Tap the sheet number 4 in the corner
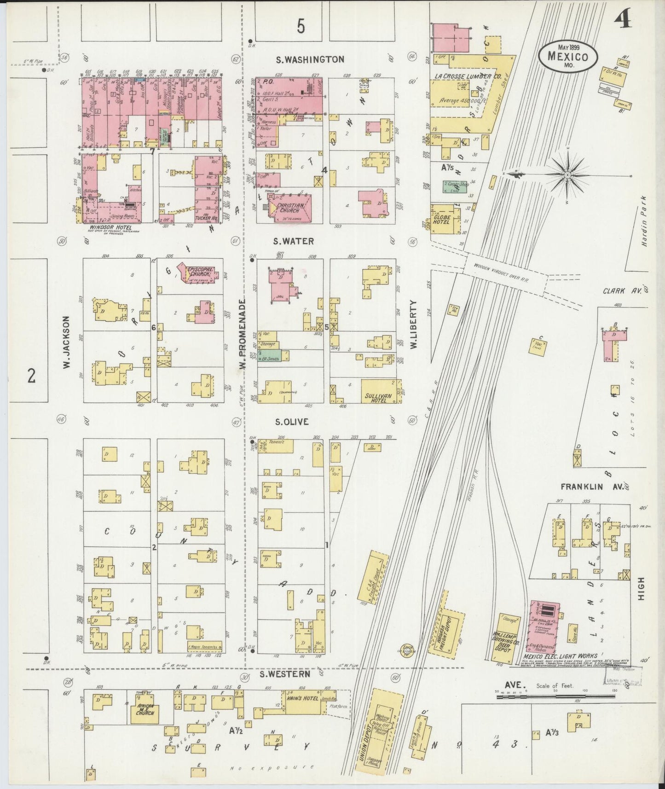pos(624,21)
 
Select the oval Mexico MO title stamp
pos(568,55)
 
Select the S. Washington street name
pos(310,59)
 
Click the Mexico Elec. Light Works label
pos(560,656)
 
